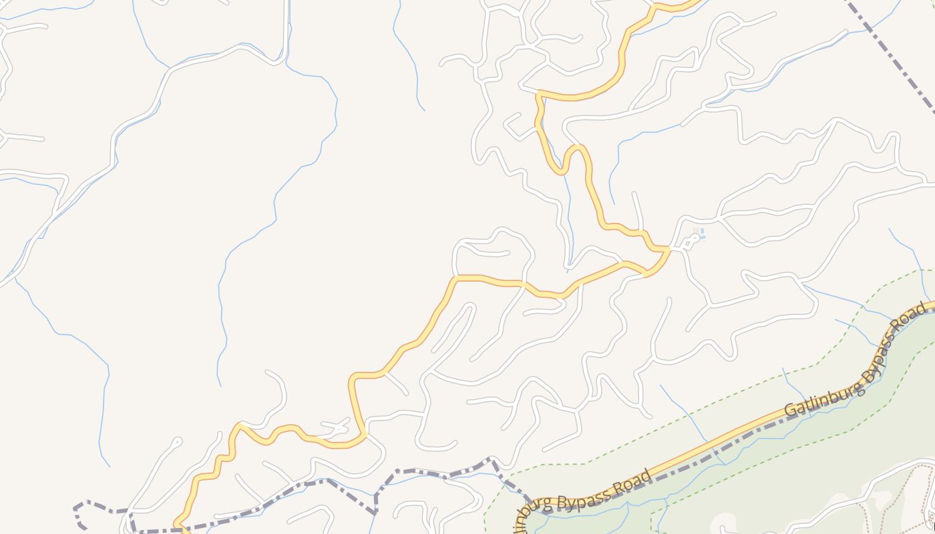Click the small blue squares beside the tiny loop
pyautogui.click(x=699, y=234)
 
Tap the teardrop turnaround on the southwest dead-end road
pyautogui.click(x=176, y=441)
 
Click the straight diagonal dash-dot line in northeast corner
pyautogui.click(x=888, y=53)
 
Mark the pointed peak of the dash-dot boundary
pyautogui.click(x=492, y=459)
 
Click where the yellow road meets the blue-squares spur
pyautogui.click(x=668, y=250)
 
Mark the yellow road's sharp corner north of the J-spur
pyautogui.click(x=538, y=93)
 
